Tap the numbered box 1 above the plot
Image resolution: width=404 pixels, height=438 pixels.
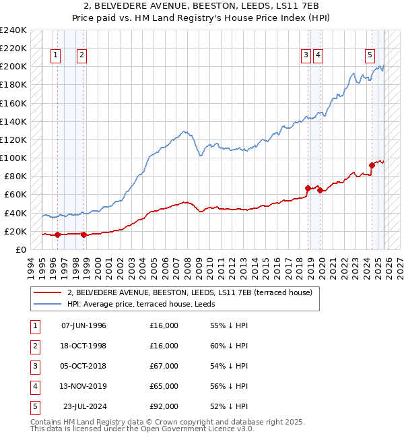pyautogui.click(x=55, y=56)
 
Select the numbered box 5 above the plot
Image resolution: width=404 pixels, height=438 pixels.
pyautogui.click(x=370, y=56)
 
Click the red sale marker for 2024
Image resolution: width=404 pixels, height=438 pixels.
pyautogui.click(x=372, y=165)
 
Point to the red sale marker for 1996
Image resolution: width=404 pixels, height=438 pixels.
pyautogui.click(x=57, y=235)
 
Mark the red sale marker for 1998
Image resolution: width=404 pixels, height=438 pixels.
pyautogui.click(x=83, y=235)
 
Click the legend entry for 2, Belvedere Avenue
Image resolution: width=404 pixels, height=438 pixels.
pyautogui.click(x=189, y=293)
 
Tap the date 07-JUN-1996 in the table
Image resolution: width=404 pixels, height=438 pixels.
pyautogui.click(x=83, y=325)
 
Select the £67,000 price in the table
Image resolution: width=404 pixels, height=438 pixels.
pyautogui.click(x=164, y=366)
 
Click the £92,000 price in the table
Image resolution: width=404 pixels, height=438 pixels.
pyautogui.click(x=164, y=406)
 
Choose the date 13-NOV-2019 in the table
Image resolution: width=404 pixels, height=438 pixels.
pyautogui.click(x=83, y=386)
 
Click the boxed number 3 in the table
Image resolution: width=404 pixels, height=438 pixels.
pyautogui.click(x=34, y=366)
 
